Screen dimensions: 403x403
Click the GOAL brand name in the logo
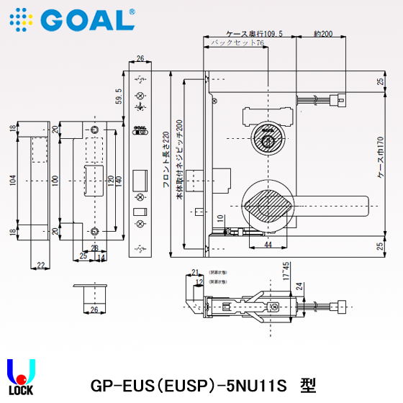pos(89,19)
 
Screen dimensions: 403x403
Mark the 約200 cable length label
pos(323,34)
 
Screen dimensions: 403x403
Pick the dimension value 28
pos(94,248)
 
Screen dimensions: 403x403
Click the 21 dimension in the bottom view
pos(194,272)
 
